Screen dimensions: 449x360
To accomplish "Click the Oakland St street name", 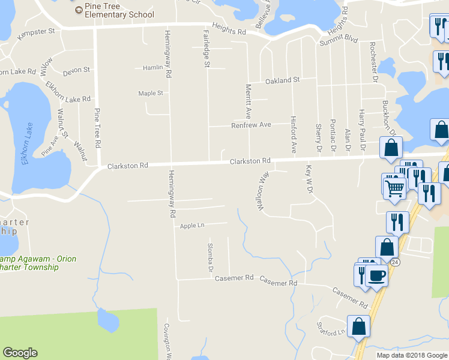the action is point(282,80).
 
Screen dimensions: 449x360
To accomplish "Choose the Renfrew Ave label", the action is point(252,125).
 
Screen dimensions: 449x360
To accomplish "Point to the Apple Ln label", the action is point(192,226).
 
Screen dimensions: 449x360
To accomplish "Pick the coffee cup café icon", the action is point(376,275).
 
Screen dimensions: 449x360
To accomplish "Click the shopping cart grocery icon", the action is point(394,188).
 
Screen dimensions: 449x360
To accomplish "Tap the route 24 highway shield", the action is point(394,262).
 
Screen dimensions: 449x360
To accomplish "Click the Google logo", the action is point(20,353).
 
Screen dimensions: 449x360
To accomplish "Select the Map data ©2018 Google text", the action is point(412,355).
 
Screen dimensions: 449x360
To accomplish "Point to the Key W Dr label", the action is point(310,175).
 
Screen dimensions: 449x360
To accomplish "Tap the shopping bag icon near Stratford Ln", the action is point(358,327).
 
